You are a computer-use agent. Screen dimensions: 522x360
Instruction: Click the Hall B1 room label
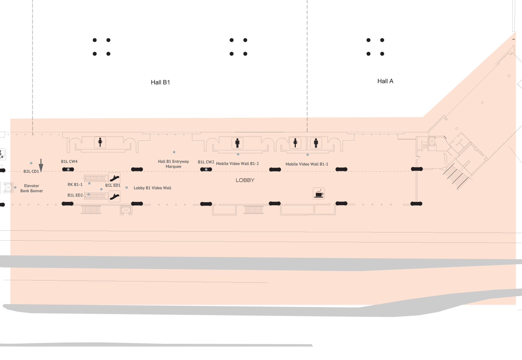click(160, 82)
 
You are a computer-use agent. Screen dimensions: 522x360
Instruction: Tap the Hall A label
click(385, 81)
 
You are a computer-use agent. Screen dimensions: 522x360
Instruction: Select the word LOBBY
click(245, 180)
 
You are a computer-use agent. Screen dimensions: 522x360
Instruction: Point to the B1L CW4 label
click(69, 161)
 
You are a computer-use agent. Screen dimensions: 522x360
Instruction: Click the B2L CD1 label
click(31, 171)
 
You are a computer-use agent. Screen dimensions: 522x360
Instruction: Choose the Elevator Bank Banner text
click(31, 188)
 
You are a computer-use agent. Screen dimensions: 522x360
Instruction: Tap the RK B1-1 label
click(75, 184)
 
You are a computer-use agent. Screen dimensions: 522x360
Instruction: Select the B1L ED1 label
click(113, 185)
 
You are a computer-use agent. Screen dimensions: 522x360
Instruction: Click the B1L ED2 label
click(75, 195)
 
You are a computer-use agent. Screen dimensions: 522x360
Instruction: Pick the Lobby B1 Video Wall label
click(152, 188)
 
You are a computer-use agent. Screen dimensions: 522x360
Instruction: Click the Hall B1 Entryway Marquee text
click(173, 164)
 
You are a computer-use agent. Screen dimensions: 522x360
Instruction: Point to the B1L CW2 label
click(206, 162)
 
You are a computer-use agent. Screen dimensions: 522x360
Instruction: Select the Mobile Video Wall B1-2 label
click(237, 163)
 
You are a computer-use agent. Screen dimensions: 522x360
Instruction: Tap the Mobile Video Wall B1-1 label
click(307, 164)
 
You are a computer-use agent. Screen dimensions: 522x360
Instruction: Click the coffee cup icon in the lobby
click(319, 193)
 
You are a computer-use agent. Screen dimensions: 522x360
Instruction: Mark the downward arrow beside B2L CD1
click(41, 166)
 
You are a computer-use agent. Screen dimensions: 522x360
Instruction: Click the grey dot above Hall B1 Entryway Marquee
click(174, 152)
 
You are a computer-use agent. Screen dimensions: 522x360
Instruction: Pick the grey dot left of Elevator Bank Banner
click(15, 187)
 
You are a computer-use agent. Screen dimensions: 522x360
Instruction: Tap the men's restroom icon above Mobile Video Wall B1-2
click(237, 143)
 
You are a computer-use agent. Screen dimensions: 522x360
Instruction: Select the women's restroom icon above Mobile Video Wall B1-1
click(295, 143)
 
